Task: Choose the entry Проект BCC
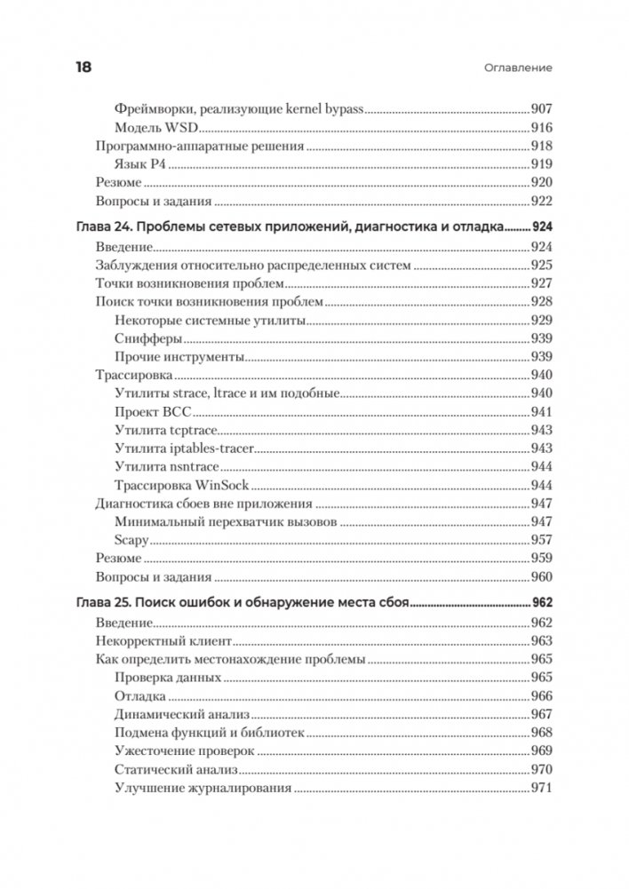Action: [x=154, y=412]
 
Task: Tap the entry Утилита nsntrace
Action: [x=166, y=467]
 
